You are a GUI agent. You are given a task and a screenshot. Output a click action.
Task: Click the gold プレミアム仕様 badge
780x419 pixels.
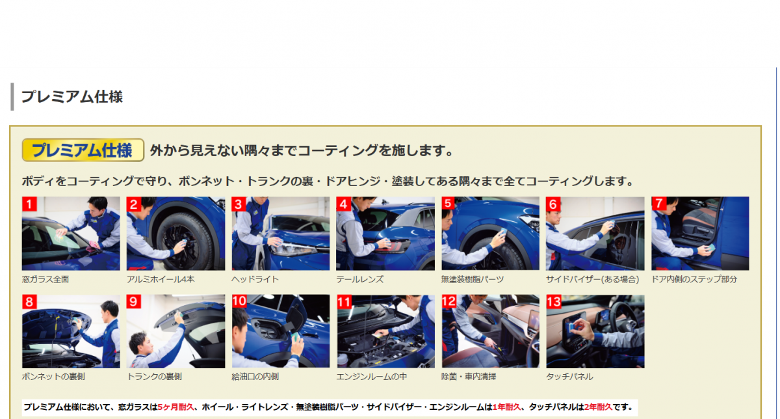83,150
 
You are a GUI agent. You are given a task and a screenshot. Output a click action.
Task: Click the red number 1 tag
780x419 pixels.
29,204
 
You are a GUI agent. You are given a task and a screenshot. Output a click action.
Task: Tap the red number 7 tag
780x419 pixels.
659,204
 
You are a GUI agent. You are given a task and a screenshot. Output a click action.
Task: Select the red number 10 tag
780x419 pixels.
239,301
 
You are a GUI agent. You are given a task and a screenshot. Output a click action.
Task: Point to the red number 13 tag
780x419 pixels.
554,301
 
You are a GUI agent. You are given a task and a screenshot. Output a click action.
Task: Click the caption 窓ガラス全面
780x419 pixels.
45,280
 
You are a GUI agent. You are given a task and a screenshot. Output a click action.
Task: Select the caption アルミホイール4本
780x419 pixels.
161,280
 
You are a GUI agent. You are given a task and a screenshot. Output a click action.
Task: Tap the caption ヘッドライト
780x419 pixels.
255,280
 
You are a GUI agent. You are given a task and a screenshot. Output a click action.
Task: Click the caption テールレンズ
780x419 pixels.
359,280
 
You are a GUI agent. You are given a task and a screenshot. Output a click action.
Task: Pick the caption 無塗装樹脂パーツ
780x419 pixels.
473,280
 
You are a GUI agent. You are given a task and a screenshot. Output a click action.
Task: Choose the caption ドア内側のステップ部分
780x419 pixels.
694,280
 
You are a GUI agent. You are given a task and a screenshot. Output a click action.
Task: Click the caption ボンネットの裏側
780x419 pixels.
53,377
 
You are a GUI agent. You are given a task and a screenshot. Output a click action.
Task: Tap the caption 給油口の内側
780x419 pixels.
255,377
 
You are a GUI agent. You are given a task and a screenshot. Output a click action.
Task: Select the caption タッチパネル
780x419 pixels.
569,377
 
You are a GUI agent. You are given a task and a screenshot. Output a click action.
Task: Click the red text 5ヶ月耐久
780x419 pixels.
175,407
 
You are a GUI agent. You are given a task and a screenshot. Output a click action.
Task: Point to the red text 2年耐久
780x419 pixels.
598,407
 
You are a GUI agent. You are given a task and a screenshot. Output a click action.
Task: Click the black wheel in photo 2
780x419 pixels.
185,241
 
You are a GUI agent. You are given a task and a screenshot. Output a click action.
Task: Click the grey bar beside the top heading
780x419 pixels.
12,96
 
